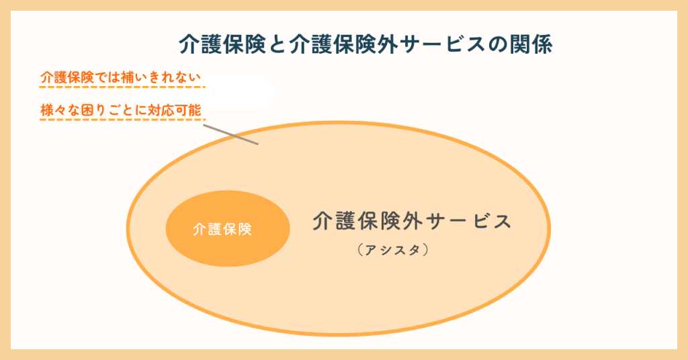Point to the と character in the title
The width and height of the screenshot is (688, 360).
click(277, 45)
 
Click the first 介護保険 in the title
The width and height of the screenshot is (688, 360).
click(222, 44)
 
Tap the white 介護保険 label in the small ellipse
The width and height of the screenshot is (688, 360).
click(222, 229)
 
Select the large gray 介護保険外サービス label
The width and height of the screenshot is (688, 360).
click(412, 221)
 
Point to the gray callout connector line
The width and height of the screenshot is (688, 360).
click(231, 134)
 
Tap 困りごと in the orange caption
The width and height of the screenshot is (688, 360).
click(107, 109)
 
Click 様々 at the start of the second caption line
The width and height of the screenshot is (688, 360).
click(54, 109)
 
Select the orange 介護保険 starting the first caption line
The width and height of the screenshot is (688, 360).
click(67, 77)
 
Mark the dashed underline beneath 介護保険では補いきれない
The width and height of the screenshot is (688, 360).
click(122, 87)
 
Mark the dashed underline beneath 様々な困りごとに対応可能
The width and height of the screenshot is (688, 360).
click(122, 120)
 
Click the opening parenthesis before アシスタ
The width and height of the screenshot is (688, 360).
click(360, 250)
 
